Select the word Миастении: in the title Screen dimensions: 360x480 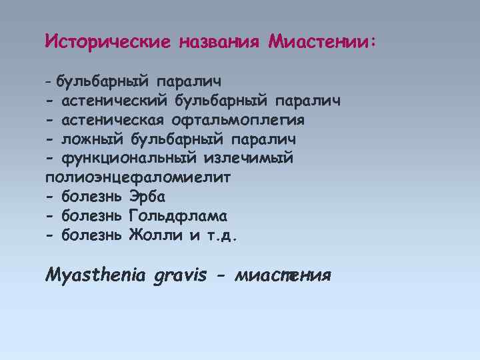[x=322, y=42]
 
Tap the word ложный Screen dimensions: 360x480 [x=92, y=139]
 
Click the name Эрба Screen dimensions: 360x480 [x=147, y=197]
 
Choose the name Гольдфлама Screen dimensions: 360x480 [x=178, y=216]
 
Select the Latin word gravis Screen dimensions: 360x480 [x=180, y=275]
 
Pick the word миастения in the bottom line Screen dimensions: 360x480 [x=283, y=275]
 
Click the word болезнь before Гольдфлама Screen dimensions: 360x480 [x=92, y=216]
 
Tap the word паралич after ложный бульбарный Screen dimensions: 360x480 [x=263, y=139]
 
